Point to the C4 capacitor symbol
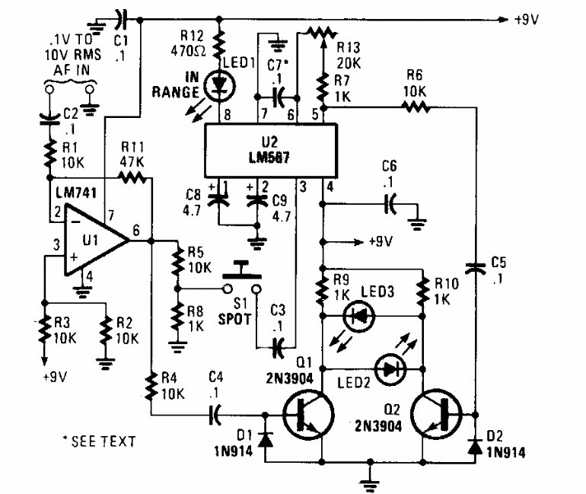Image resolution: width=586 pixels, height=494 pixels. [x=216, y=415]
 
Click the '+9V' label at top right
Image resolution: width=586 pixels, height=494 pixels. [x=525, y=18]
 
